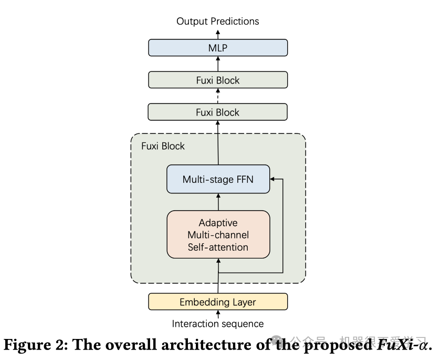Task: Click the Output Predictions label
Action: coord(217,22)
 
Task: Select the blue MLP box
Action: coord(217,48)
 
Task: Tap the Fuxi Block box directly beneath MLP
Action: coord(217,80)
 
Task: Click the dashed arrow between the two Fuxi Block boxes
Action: coord(217,96)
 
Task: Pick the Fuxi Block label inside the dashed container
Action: coord(163,146)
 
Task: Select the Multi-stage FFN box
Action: coord(217,179)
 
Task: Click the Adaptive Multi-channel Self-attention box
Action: coord(217,234)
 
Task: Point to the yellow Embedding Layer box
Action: coord(217,302)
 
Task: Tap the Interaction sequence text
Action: coord(217,324)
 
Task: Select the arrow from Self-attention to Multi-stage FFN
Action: coord(217,202)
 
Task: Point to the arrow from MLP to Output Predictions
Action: coord(217,34)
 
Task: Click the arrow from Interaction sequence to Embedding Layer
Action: coord(217,314)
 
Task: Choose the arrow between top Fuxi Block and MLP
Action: coord(217,64)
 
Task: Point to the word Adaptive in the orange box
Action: coord(217,223)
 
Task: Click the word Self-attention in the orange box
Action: coord(217,246)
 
